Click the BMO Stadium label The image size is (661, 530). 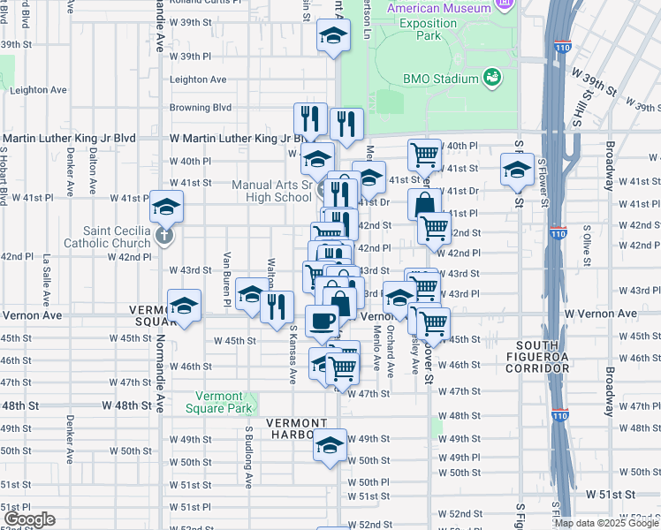(x=441, y=79)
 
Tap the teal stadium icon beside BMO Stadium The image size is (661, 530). (x=492, y=79)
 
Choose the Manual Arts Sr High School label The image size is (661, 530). (x=271, y=191)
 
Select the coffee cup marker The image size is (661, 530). (x=321, y=320)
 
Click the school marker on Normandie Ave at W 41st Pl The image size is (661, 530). (x=165, y=206)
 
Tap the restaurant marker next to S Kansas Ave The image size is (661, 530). (x=278, y=307)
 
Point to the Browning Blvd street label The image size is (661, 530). (x=201, y=108)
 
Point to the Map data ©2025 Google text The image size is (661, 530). (x=605, y=523)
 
